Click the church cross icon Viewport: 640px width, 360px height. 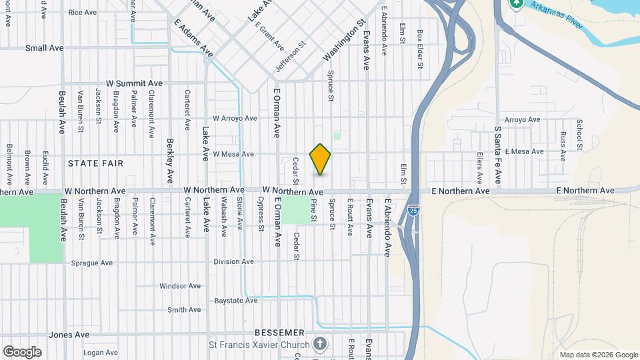tap(320, 345)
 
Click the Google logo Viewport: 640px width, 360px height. tap(22, 351)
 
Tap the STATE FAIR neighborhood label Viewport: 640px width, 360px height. tap(95, 163)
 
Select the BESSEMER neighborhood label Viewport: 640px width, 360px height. tap(279, 332)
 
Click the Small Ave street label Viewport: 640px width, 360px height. tap(44, 48)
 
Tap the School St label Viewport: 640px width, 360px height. tap(580, 135)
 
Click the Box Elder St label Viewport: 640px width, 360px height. tap(420, 49)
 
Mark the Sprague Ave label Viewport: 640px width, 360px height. tap(91, 263)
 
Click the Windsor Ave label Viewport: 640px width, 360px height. tap(180, 286)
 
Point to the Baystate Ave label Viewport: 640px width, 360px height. tap(236, 301)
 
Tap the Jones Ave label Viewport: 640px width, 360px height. tap(69, 335)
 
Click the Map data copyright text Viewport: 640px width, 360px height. tap(597, 355)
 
